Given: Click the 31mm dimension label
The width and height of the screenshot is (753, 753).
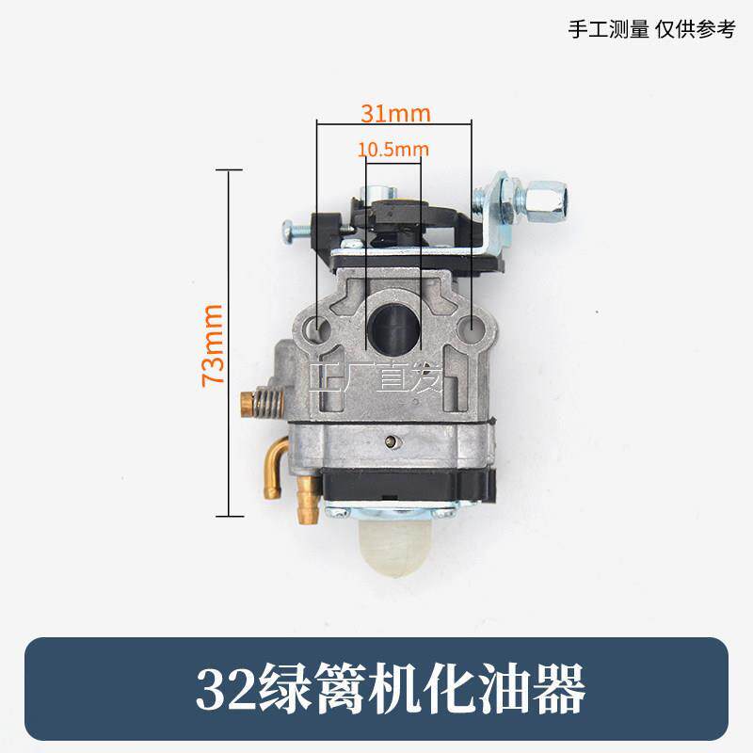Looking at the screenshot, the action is click(x=395, y=113).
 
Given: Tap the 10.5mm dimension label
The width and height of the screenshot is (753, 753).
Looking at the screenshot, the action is click(x=393, y=150).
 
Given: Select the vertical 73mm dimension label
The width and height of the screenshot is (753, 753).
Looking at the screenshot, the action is click(x=213, y=345).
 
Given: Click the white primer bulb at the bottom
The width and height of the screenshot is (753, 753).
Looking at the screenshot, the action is click(x=392, y=549).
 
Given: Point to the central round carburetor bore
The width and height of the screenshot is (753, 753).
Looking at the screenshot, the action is click(x=393, y=327).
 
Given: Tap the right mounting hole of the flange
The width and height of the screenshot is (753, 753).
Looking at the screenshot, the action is click(x=472, y=327).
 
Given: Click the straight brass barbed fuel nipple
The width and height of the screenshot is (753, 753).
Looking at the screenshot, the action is click(x=305, y=500).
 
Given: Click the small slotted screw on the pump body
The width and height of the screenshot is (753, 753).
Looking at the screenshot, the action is click(x=393, y=441).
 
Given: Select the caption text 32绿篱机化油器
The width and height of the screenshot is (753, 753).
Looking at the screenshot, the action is click(x=391, y=689).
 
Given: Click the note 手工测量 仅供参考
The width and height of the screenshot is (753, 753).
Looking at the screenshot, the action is click(x=651, y=29).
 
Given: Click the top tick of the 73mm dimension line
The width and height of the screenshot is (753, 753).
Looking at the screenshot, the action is click(x=229, y=169).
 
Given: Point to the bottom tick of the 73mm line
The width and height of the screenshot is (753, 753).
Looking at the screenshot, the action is click(x=230, y=516).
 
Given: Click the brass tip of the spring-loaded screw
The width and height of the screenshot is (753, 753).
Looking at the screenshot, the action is click(x=247, y=404).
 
